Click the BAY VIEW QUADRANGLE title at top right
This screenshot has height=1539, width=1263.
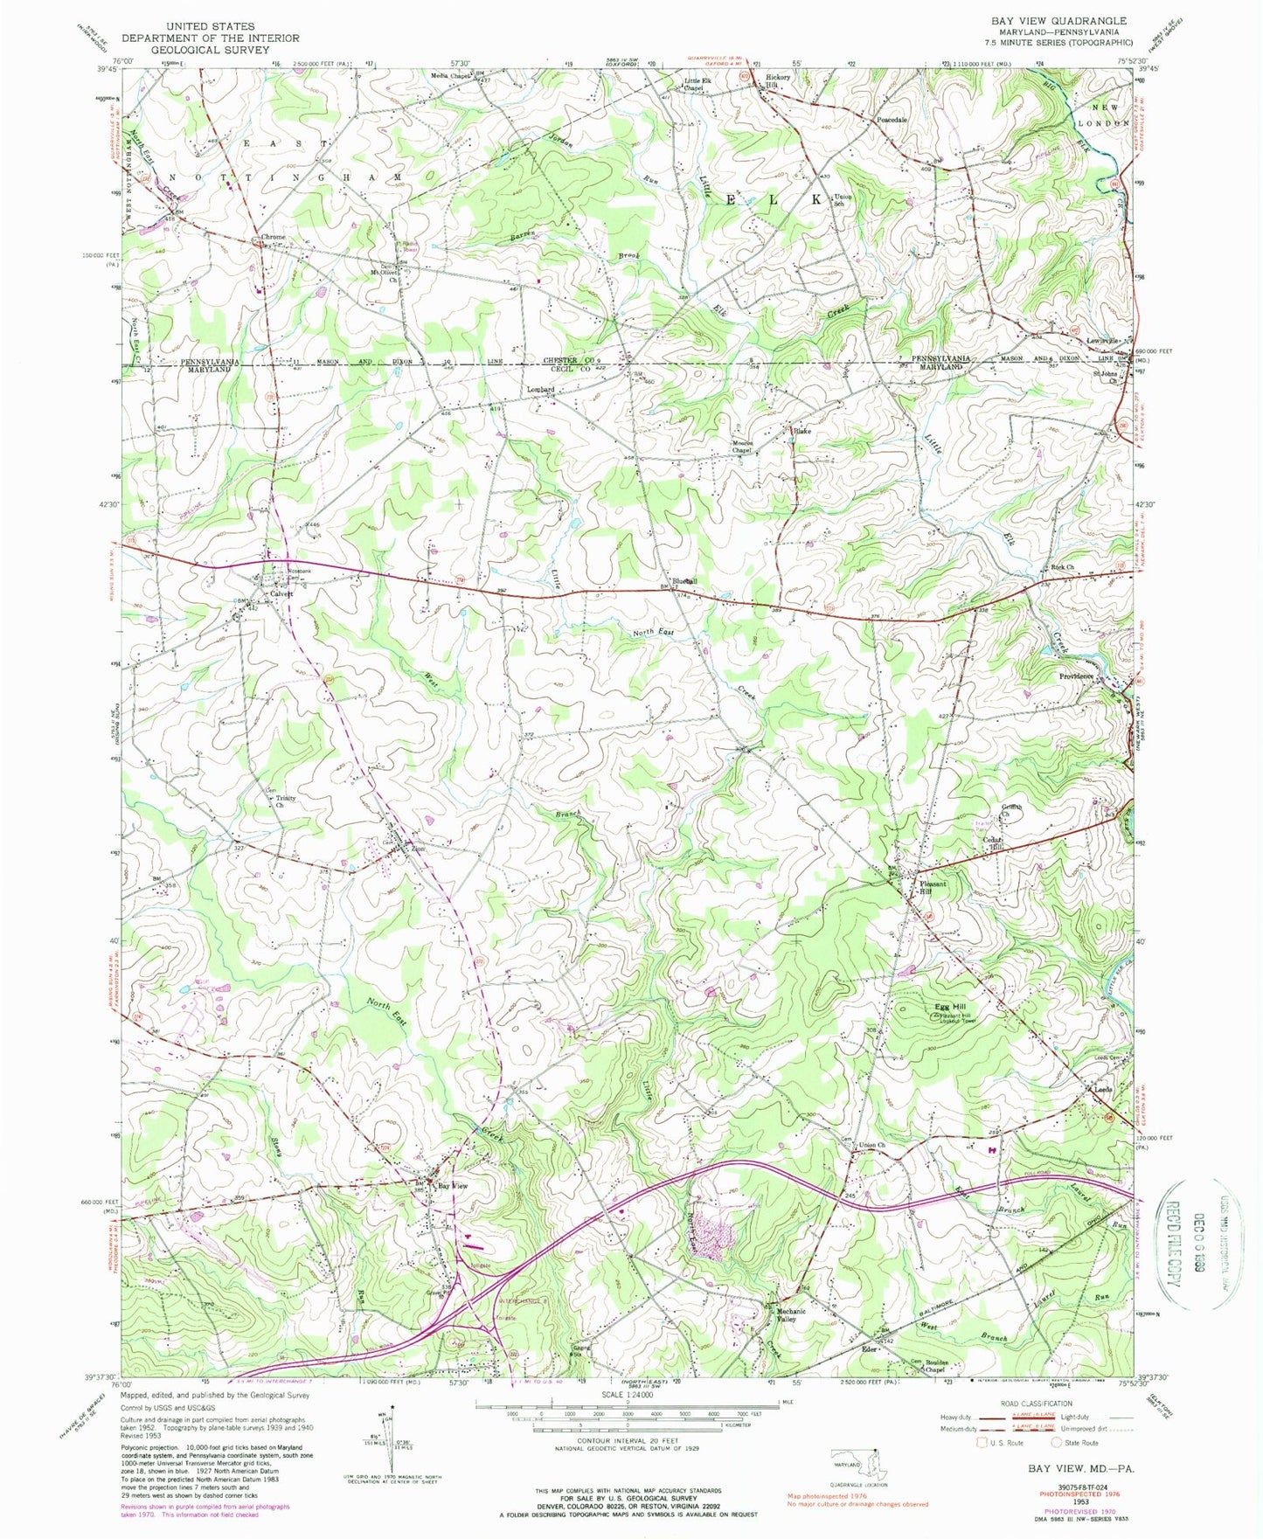[1058, 20]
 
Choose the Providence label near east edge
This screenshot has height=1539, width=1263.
[1077, 676]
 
